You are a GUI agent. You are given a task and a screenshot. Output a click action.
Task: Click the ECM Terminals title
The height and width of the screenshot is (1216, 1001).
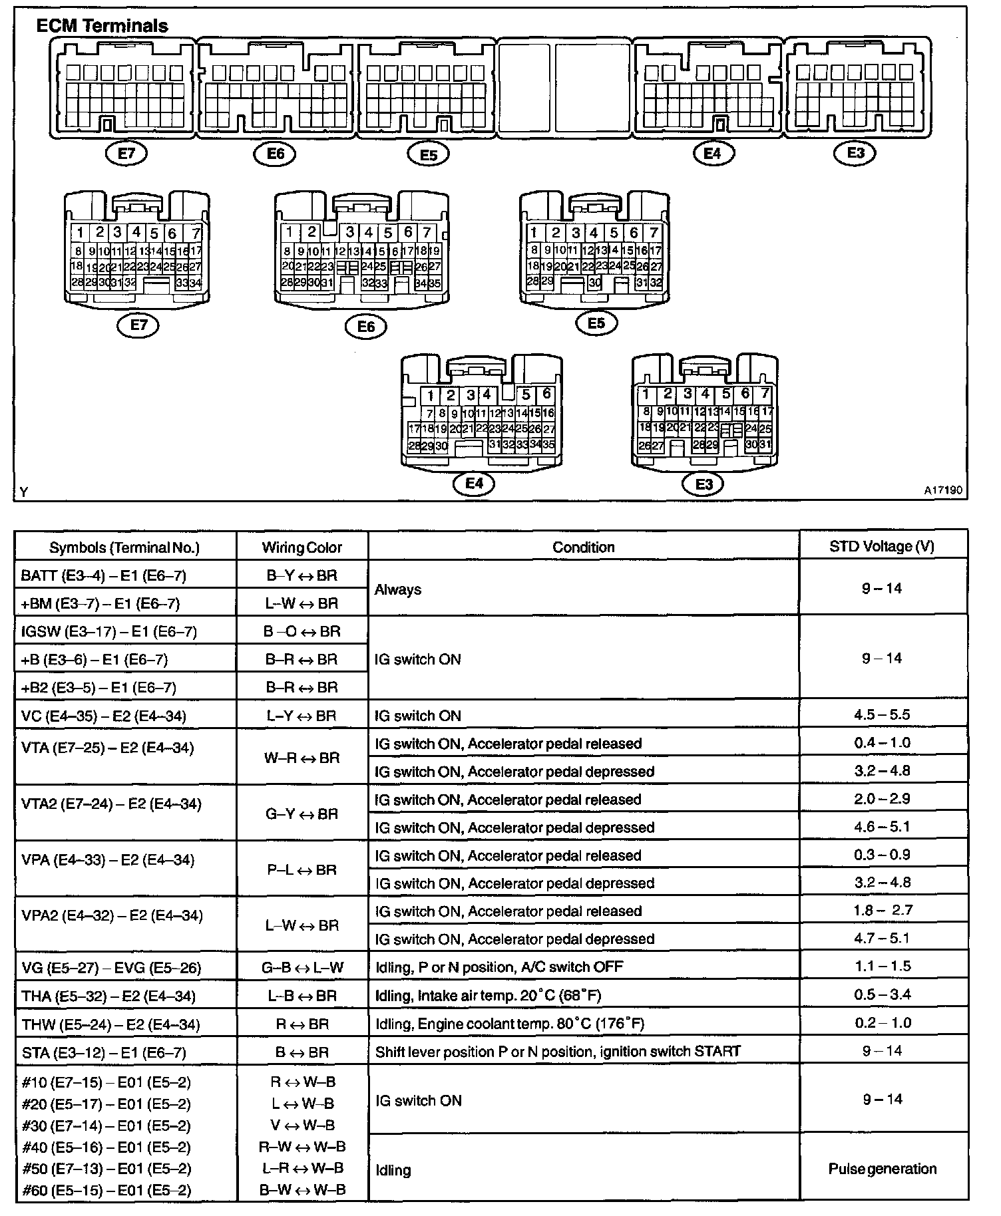point(102,26)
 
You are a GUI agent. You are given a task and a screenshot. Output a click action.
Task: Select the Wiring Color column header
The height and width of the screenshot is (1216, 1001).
point(301,547)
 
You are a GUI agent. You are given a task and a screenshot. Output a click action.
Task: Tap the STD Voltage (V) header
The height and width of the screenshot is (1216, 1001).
point(882,546)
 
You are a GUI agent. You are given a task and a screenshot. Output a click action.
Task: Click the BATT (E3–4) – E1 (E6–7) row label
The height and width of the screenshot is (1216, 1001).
point(104,575)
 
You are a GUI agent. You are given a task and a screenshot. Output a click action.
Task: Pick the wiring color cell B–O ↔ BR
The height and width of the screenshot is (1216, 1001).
point(301,631)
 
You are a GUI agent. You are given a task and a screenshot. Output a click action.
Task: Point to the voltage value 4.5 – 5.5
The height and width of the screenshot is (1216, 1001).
point(882,715)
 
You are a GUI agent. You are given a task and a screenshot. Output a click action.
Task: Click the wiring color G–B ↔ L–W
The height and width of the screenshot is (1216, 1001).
point(302,967)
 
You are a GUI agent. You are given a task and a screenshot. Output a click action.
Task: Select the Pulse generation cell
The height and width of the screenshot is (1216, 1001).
point(883,1169)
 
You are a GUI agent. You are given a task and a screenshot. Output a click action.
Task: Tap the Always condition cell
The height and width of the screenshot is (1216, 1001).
point(398,589)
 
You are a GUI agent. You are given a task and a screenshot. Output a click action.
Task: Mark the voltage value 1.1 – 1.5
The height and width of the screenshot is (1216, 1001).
point(883,966)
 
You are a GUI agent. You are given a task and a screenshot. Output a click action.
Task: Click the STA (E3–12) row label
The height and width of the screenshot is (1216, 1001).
point(104,1052)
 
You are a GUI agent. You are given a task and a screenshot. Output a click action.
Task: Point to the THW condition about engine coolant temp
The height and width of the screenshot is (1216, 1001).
point(510,1024)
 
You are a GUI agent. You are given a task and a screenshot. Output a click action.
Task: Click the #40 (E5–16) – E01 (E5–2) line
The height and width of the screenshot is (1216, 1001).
point(106,1147)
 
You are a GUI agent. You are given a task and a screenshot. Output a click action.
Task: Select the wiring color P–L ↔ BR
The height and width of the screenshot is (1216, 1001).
point(301,870)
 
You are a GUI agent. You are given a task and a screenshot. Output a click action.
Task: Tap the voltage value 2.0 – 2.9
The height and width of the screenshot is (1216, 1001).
point(882,799)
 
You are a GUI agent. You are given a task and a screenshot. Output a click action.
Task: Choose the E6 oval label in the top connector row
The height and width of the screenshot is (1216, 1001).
point(275,154)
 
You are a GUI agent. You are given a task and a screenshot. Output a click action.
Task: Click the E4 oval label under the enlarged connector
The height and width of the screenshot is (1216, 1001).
point(474,484)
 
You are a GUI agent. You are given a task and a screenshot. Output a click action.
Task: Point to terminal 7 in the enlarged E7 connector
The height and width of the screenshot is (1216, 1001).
point(196,233)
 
